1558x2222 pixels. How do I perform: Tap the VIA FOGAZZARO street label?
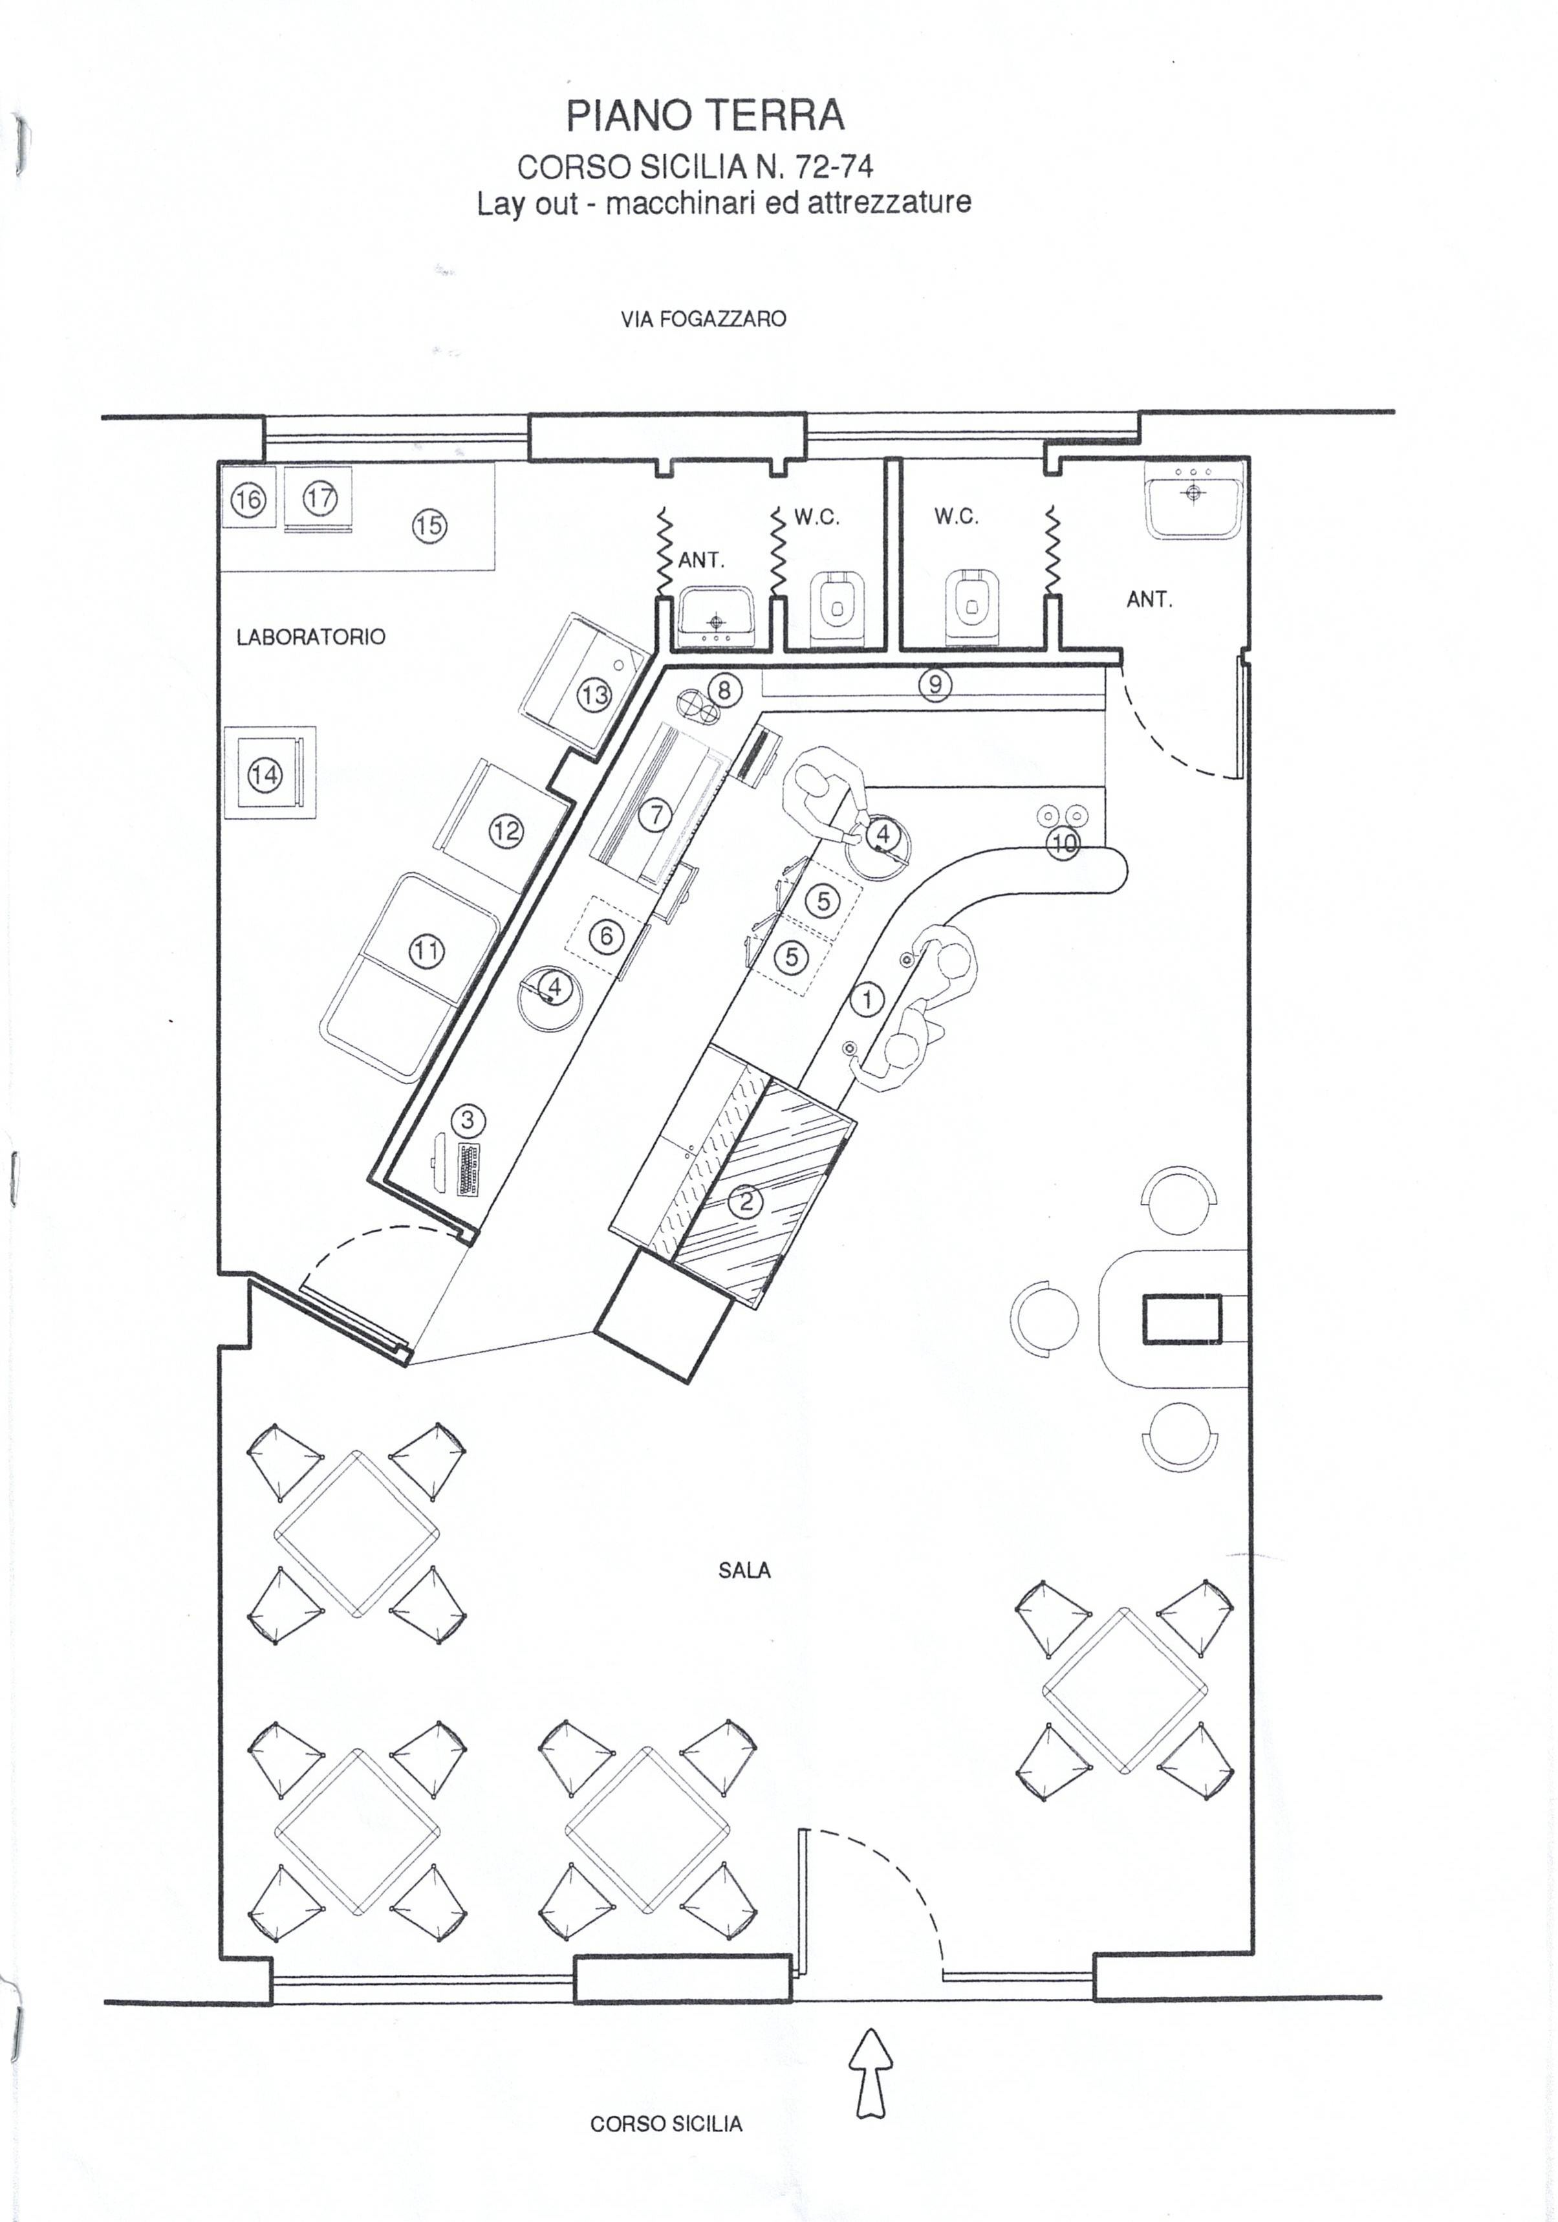[x=704, y=318]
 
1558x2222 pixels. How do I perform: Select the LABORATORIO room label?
[x=310, y=637]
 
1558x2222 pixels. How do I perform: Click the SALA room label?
[x=745, y=1571]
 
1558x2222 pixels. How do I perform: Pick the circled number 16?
[x=249, y=500]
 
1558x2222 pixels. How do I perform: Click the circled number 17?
[x=319, y=498]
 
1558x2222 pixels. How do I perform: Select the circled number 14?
[x=264, y=774]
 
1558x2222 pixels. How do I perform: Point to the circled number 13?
[x=594, y=694]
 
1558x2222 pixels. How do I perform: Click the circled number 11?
[x=427, y=952]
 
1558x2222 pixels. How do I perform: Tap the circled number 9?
[x=935, y=685]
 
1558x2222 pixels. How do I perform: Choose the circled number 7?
[x=656, y=815]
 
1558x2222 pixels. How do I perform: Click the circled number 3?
[x=468, y=1120]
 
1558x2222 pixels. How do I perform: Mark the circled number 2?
[x=746, y=1202]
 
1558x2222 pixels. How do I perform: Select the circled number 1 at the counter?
[x=868, y=999]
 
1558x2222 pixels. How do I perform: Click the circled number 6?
[x=607, y=936]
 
